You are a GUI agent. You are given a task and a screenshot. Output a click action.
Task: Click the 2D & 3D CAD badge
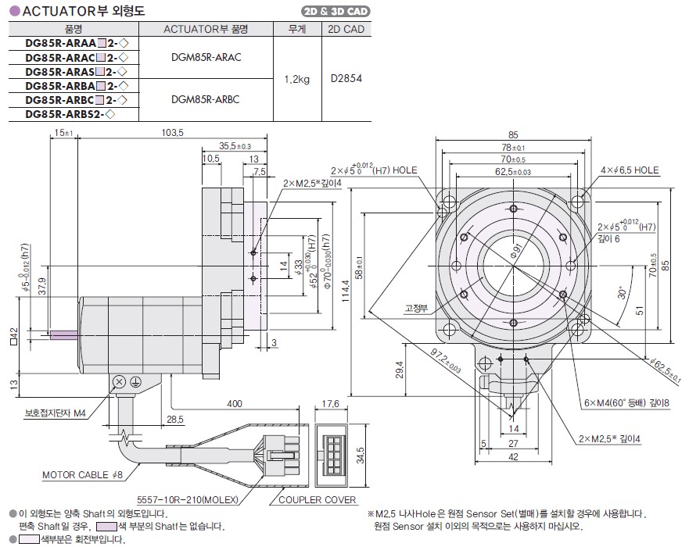(336, 12)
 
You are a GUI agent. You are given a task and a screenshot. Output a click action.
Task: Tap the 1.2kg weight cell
(296, 78)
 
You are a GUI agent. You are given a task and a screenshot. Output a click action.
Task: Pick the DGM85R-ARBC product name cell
(205, 99)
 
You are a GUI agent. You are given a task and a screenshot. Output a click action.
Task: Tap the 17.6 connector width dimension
(331, 405)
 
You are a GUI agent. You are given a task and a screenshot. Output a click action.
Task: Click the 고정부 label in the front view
(414, 308)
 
